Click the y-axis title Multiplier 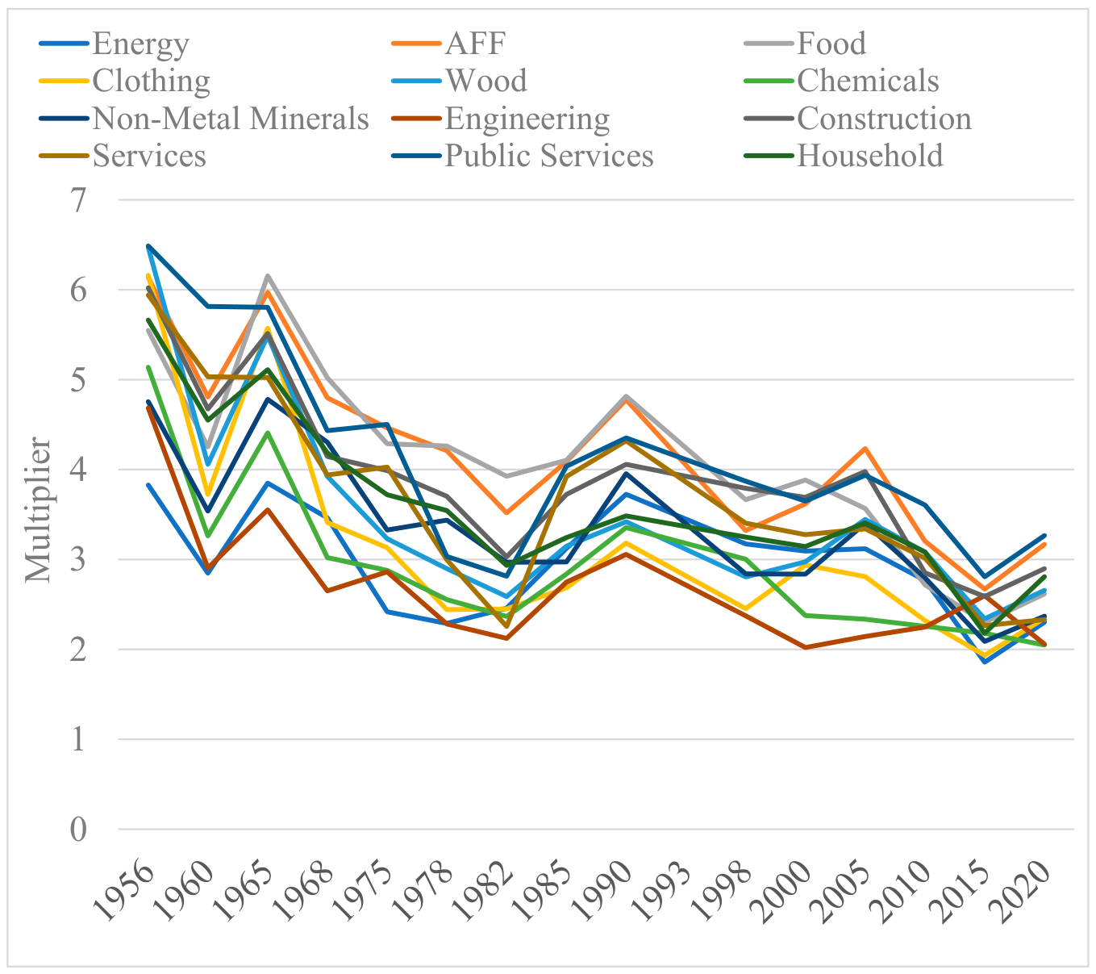click(38, 511)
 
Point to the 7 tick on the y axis click(79, 200)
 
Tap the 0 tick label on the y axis click(79, 829)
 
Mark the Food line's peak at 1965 click(268, 276)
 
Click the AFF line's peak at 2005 click(865, 449)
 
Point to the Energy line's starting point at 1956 click(148, 484)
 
